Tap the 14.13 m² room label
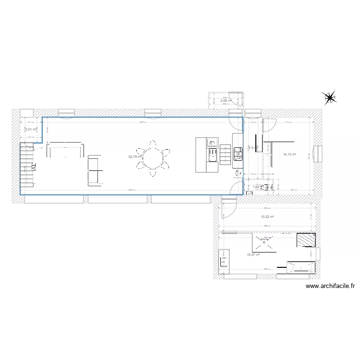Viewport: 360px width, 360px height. tap(289, 155)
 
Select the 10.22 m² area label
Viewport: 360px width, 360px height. tap(267, 217)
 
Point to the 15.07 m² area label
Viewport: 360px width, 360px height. tap(253, 255)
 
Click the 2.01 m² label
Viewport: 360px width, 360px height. tap(31, 129)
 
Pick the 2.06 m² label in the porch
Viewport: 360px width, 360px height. tap(225, 101)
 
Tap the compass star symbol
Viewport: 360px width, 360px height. tap(330, 98)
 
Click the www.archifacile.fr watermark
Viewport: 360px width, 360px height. tap(330, 286)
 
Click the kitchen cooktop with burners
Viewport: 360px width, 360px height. tap(238, 154)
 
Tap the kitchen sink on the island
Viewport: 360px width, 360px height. tap(212, 155)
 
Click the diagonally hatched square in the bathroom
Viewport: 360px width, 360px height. tap(306, 240)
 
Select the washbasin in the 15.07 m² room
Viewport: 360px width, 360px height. tap(223, 261)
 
